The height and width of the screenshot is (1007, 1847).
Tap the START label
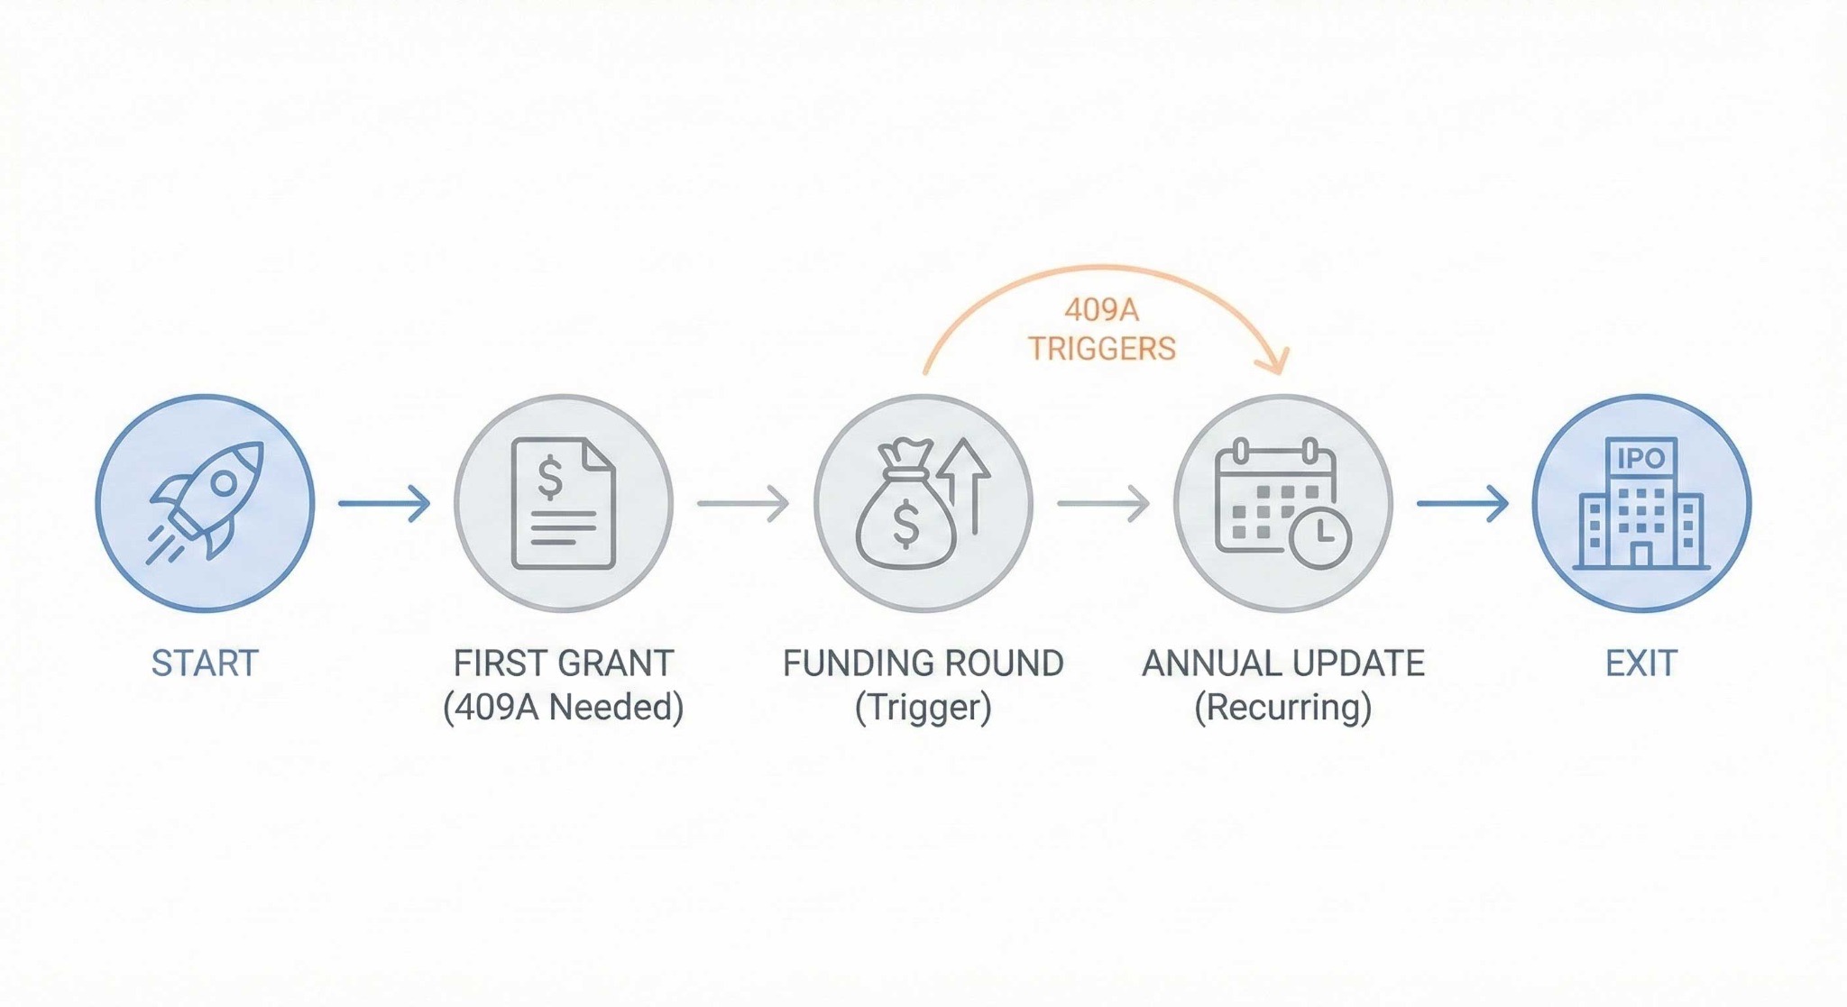point(205,664)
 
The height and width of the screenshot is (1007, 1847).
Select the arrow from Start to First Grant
point(384,503)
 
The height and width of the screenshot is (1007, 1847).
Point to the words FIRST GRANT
point(564,664)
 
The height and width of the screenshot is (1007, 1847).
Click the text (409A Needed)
point(564,707)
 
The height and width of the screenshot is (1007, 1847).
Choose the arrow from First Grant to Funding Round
point(743,503)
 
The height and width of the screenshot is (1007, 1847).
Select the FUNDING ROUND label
point(923,664)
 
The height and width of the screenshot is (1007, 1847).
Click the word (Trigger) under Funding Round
point(923,707)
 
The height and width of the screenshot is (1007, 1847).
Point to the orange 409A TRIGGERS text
point(1102,329)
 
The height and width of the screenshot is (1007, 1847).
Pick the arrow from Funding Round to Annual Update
point(1103,503)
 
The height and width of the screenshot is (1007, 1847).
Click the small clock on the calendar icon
point(1320,537)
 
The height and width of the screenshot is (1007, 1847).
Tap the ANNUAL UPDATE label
point(1283,664)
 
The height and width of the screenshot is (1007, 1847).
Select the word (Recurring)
point(1283,707)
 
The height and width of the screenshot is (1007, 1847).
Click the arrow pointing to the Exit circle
point(1462,503)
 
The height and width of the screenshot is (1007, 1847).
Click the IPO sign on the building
point(1640,459)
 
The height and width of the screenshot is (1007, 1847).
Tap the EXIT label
point(1640,664)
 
